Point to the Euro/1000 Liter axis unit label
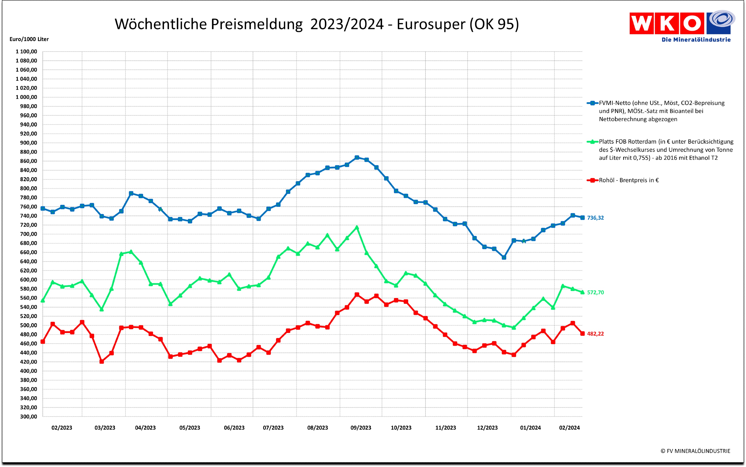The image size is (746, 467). (x=29, y=39)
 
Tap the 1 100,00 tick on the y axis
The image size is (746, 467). (x=26, y=52)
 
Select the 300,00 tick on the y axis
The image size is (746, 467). (x=28, y=416)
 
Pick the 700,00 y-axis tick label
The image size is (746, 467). (x=28, y=234)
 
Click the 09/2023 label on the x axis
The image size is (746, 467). (x=361, y=428)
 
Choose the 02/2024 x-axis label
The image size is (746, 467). (x=569, y=428)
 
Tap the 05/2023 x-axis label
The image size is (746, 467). (x=190, y=428)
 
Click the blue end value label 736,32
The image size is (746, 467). (x=595, y=218)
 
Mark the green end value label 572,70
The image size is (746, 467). (x=595, y=293)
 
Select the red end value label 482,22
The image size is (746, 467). (x=595, y=334)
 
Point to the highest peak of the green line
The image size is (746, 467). (x=357, y=227)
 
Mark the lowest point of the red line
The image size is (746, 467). (x=102, y=361)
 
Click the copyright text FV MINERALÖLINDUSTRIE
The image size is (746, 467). (x=695, y=451)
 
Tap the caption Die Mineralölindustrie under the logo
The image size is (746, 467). (x=696, y=40)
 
